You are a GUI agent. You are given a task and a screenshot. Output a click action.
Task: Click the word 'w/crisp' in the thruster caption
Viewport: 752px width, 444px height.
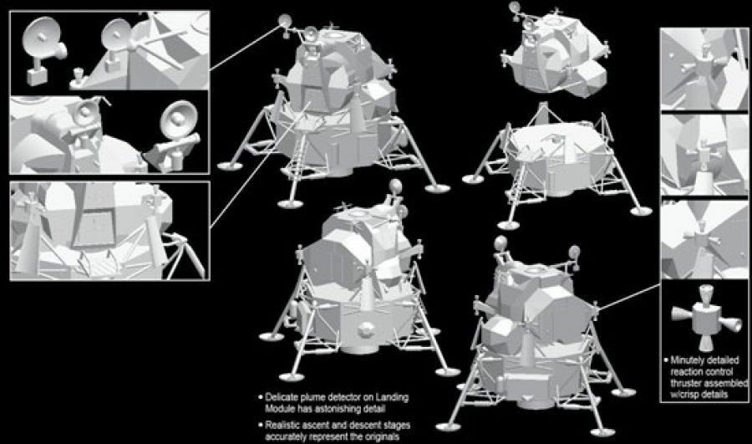(684, 395)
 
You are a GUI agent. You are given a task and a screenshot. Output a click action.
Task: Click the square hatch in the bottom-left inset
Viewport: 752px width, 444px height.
(93, 222)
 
